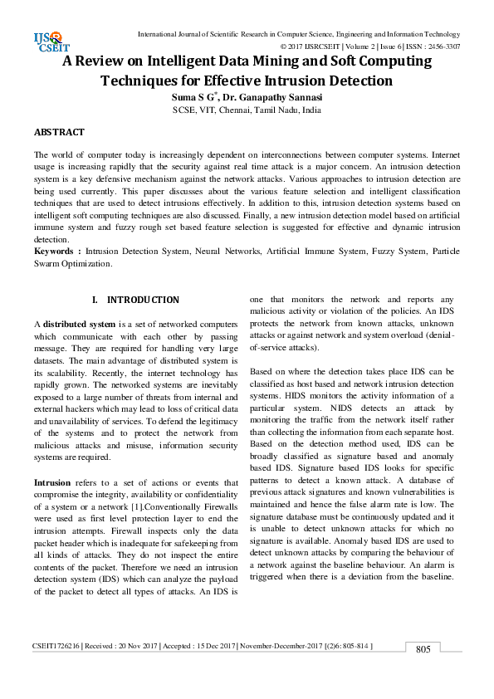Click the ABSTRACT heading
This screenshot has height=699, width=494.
(58, 132)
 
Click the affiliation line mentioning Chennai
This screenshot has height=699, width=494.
(246, 110)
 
